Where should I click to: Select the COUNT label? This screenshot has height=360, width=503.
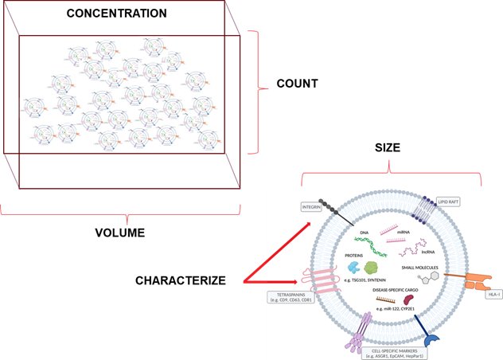coord(297,82)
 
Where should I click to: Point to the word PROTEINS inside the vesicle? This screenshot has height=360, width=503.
coord(357,256)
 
